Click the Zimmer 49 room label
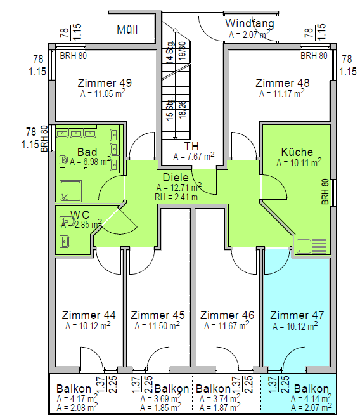click(105, 83)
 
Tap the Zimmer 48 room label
click(283, 83)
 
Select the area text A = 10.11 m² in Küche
click(299, 162)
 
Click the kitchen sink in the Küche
click(311, 245)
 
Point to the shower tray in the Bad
click(70, 191)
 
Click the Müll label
click(127, 30)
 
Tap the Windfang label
click(250, 23)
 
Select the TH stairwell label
click(191, 147)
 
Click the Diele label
click(176, 178)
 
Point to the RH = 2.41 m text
click(176, 197)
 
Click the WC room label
click(80, 214)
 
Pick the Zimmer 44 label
click(89, 315)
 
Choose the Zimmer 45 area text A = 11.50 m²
click(157, 325)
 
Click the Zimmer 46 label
click(228, 315)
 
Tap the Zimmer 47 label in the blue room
click(297, 315)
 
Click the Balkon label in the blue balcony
click(311, 389)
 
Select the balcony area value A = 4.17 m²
click(77, 399)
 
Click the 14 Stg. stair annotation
click(170, 52)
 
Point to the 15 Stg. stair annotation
click(170, 108)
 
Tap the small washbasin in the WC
click(65, 242)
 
